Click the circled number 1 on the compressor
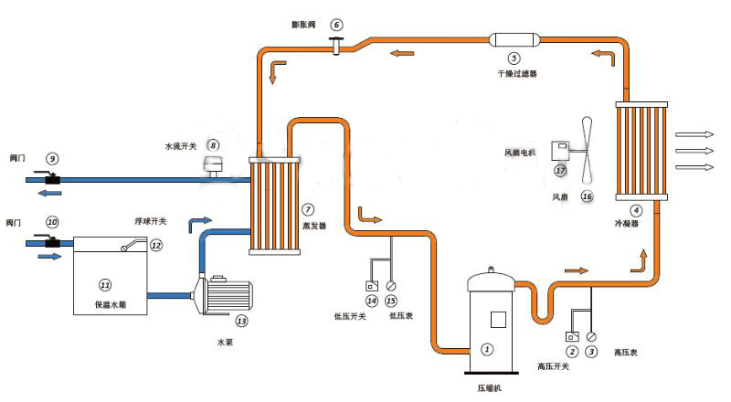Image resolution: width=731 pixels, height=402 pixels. pyautogui.click(x=487, y=348)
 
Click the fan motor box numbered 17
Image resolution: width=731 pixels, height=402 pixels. pyautogui.click(x=558, y=150)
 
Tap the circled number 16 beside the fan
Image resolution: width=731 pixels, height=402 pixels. pyautogui.click(x=587, y=196)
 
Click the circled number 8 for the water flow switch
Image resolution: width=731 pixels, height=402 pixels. pyautogui.click(x=213, y=144)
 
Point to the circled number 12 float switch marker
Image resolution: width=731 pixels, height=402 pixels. pyautogui.click(x=155, y=245)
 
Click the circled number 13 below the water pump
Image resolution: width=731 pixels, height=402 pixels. pyautogui.click(x=241, y=321)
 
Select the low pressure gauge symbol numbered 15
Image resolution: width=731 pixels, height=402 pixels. pyautogui.click(x=391, y=285)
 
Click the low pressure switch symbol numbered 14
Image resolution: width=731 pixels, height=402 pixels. pyautogui.click(x=370, y=285)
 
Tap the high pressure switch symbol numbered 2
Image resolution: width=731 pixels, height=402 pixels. pyautogui.click(x=572, y=336)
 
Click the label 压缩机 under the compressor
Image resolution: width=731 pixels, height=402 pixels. pyautogui.click(x=488, y=388)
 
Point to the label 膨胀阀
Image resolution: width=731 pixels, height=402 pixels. pyautogui.click(x=302, y=25)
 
